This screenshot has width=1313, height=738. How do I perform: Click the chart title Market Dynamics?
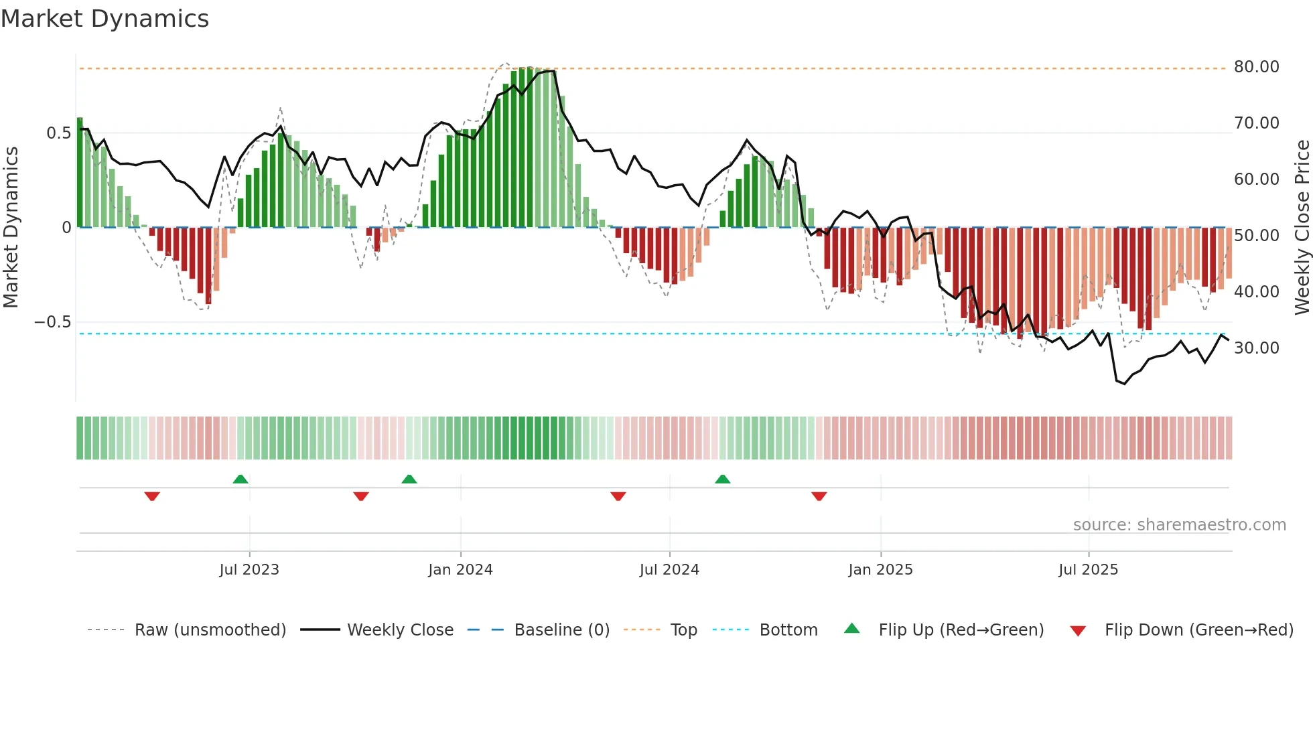[105, 19]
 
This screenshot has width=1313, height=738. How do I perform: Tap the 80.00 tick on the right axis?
[1256, 67]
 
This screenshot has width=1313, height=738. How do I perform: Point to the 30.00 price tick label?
[1256, 348]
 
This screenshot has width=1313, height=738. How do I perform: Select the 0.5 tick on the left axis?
[58, 133]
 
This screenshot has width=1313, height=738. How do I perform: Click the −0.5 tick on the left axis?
[52, 322]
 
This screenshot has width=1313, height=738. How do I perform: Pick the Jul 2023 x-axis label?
[249, 570]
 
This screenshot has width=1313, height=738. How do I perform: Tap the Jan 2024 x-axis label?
[460, 570]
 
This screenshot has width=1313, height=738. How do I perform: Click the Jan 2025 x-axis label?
[880, 570]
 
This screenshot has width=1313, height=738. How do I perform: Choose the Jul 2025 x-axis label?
[1088, 570]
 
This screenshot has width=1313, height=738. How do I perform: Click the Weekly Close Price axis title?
[1302, 228]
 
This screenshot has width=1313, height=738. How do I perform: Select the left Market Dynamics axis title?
[11, 228]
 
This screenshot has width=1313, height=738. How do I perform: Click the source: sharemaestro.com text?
[1179, 525]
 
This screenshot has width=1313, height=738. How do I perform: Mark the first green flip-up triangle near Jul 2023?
[240, 479]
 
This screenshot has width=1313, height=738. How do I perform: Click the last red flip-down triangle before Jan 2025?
[819, 496]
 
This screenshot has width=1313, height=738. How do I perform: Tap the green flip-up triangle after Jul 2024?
[722, 479]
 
